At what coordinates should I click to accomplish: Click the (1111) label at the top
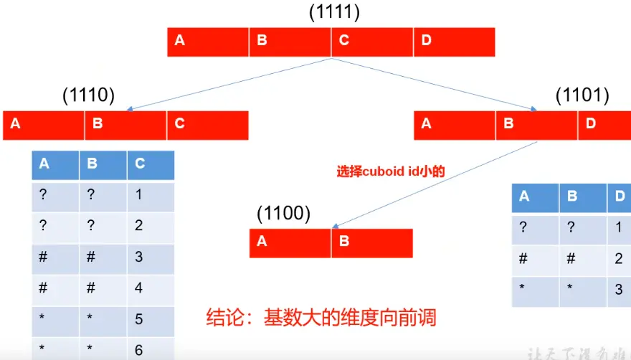tap(333, 12)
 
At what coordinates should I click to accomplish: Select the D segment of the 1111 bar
tap(454, 41)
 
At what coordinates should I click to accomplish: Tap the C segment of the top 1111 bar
tap(372, 41)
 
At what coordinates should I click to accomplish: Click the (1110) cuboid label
tap(88, 95)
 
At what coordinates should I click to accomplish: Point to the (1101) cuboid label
tap(583, 95)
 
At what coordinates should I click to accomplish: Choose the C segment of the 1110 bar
tap(207, 124)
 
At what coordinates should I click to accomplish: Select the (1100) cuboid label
tap(284, 213)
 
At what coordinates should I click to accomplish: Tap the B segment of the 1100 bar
tap(371, 242)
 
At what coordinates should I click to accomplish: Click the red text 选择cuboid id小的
tap(391, 171)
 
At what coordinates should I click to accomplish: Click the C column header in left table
tap(151, 164)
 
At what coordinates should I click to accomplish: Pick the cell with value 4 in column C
tap(151, 288)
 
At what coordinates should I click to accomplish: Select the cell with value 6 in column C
tap(151, 349)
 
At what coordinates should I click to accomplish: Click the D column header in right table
tap(619, 196)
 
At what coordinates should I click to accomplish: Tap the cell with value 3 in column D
tap(619, 290)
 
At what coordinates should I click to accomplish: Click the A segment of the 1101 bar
tap(455, 124)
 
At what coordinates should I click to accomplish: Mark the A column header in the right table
tap(535, 196)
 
